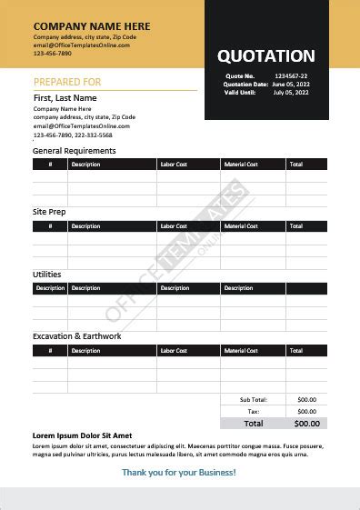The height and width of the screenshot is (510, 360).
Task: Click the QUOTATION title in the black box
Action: [265, 56]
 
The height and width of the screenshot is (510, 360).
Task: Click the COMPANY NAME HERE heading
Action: [92, 26]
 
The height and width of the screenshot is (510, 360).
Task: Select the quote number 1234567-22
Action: [291, 75]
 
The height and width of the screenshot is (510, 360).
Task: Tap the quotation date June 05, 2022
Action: [291, 84]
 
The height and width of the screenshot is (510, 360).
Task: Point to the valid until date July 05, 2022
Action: [291, 92]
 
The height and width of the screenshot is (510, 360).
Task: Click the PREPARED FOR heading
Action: [67, 82]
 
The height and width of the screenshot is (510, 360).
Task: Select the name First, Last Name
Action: [65, 97]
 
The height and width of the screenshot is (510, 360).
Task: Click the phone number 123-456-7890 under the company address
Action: [52, 53]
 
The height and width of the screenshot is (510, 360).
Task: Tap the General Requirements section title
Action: [74, 150]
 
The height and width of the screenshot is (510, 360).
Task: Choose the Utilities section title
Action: [47, 274]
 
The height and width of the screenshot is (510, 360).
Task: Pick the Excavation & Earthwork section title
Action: [76, 336]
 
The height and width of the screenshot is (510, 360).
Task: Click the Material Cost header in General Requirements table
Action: [241, 165]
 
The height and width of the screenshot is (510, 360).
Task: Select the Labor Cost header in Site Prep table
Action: [173, 225]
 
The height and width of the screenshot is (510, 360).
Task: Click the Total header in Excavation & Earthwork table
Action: [295, 350]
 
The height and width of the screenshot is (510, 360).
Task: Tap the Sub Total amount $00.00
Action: [306, 400]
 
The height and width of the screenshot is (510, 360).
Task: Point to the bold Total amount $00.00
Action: [306, 424]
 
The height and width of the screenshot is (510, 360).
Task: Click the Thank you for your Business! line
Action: [178, 472]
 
